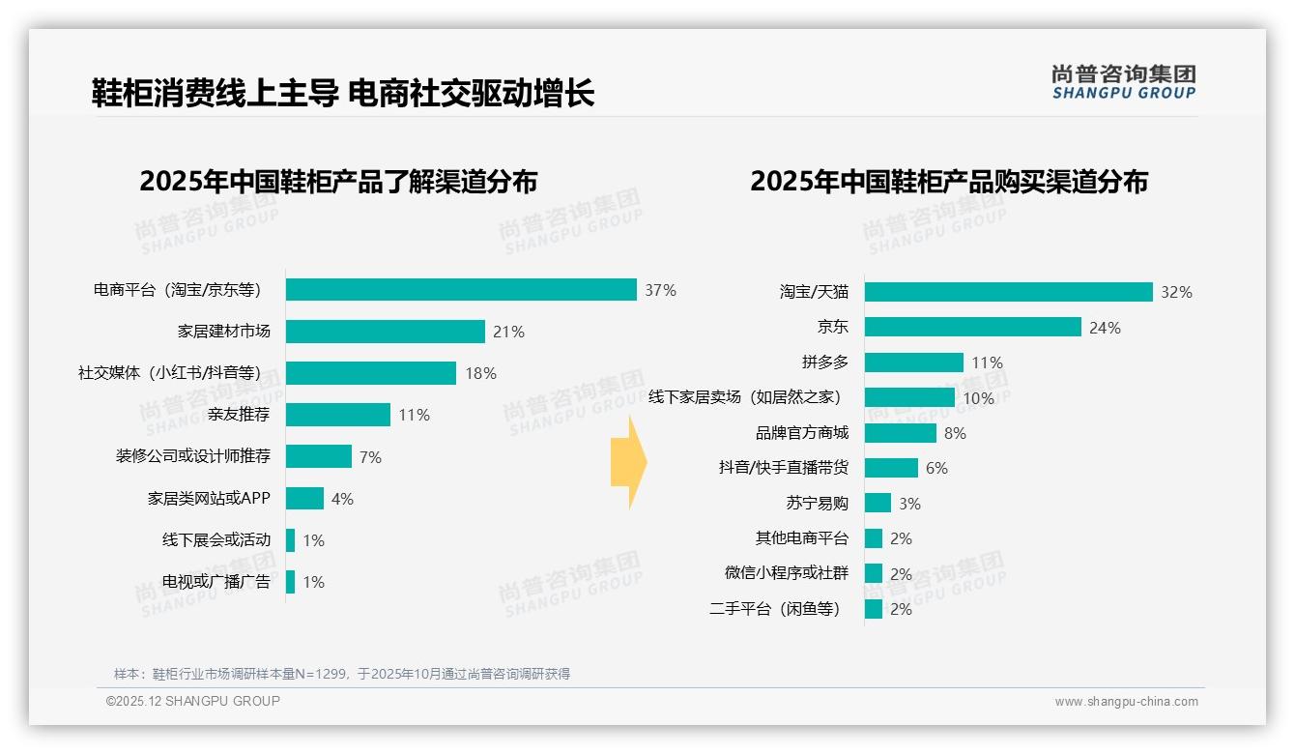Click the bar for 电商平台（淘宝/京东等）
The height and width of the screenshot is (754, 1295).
point(461,290)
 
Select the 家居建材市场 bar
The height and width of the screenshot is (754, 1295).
point(385,332)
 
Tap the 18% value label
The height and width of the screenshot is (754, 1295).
point(481,373)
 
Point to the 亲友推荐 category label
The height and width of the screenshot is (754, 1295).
point(239,415)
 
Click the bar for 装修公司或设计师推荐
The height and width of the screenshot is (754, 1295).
point(319,456)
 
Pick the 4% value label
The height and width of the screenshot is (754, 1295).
point(342,499)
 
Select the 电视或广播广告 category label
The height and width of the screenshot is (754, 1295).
point(216,582)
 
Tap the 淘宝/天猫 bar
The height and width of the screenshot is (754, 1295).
point(1008,292)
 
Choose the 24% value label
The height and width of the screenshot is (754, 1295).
point(1105,328)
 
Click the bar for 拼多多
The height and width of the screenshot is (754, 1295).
point(913,362)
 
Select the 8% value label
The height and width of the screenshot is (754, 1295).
point(955,433)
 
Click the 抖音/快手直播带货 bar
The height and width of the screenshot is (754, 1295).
point(891,468)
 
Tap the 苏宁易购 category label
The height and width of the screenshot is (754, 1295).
point(817,504)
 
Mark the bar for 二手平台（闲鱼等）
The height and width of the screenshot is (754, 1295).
point(874,609)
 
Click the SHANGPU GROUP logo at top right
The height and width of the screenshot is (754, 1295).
point(1124,82)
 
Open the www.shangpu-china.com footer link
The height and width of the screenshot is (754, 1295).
point(1126,702)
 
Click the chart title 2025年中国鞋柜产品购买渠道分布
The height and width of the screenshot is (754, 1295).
point(948,182)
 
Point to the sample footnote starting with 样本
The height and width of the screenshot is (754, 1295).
point(342,674)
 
